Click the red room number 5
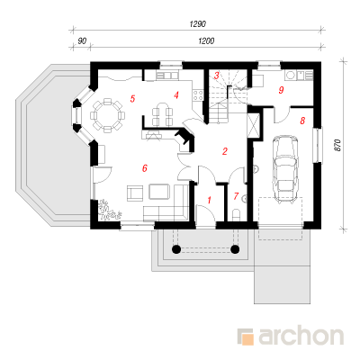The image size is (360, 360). [132, 98]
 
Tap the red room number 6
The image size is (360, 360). [145, 168]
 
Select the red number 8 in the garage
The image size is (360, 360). [302, 121]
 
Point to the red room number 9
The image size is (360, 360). [281, 90]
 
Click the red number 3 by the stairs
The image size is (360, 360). [216, 76]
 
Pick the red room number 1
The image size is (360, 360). [210, 200]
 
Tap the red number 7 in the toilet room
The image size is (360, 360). [236, 196]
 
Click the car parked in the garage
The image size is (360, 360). [285, 169]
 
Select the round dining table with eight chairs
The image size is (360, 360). [107, 115]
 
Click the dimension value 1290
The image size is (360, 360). [198, 24]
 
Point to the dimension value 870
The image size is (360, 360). [338, 145]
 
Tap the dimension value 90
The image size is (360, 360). [82, 40]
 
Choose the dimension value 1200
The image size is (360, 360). [206, 40]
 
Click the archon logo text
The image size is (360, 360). [301, 337]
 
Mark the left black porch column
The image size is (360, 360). [176, 248]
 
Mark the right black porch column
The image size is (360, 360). [236, 248]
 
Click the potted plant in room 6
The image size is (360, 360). [109, 210]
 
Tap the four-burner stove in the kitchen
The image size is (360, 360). [198, 95]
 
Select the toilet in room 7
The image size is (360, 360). [237, 216]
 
